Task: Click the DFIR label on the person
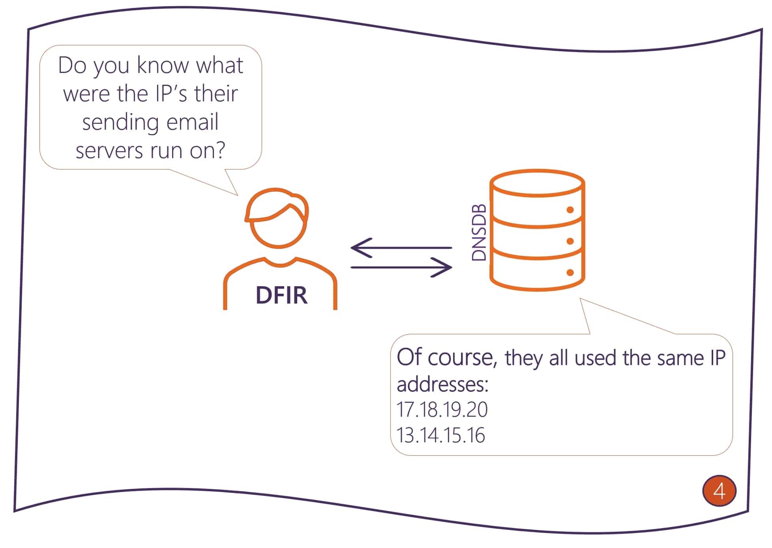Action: (x=281, y=295)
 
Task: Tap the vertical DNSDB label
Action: (x=479, y=233)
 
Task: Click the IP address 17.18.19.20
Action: (x=442, y=410)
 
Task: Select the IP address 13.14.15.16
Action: (x=440, y=435)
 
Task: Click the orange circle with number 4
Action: (x=719, y=491)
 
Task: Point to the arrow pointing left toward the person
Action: (x=401, y=248)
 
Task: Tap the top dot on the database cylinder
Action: (x=570, y=210)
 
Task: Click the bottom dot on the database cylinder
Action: (x=570, y=272)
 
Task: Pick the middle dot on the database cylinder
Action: (x=570, y=241)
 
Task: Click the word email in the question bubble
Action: (x=192, y=122)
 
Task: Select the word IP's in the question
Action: (x=165, y=93)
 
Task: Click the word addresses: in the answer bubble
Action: (x=442, y=384)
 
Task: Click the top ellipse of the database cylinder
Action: (x=537, y=183)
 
